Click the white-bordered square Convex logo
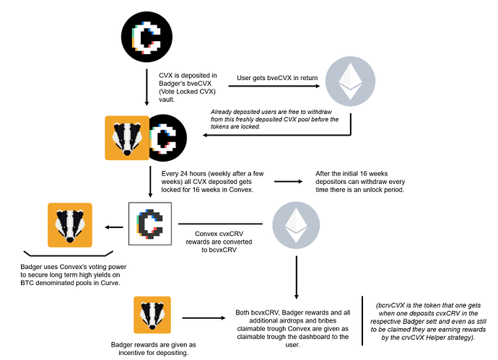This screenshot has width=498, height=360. (x=149, y=224)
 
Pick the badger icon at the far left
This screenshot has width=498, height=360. (x=69, y=225)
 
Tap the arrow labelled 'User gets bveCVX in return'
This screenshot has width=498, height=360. (x=274, y=87)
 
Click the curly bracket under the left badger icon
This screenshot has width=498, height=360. (x=69, y=255)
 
